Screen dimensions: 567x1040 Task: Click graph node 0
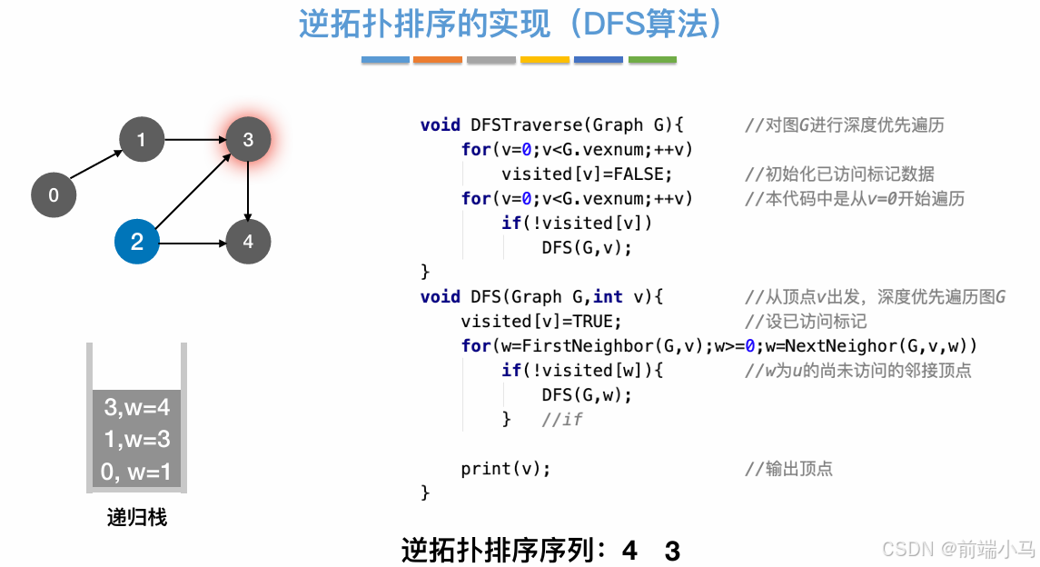click(x=54, y=194)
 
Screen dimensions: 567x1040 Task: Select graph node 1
click(x=141, y=140)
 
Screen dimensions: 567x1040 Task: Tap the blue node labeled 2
click(x=137, y=242)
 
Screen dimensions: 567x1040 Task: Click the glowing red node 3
click(x=248, y=140)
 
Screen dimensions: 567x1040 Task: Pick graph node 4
click(x=248, y=242)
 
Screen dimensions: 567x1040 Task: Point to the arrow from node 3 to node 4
click(x=248, y=191)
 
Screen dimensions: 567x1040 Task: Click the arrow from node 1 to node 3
click(x=194, y=140)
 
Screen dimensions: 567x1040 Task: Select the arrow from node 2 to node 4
click(x=193, y=242)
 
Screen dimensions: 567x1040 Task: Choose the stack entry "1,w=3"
click(x=137, y=440)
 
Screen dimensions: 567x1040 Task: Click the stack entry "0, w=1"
click(x=137, y=472)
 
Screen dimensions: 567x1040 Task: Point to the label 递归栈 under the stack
click(x=137, y=518)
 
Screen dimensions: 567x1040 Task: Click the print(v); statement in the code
click(x=506, y=469)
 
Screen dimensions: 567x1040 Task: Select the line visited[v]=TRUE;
click(x=541, y=322)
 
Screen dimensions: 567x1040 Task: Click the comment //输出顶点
click(x=788, y=469)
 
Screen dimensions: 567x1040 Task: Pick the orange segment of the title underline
click(x=438, y=60)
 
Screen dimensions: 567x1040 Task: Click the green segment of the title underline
click(x=652, y=60)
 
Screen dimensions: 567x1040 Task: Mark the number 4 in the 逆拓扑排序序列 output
click(x=630, y=551)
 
